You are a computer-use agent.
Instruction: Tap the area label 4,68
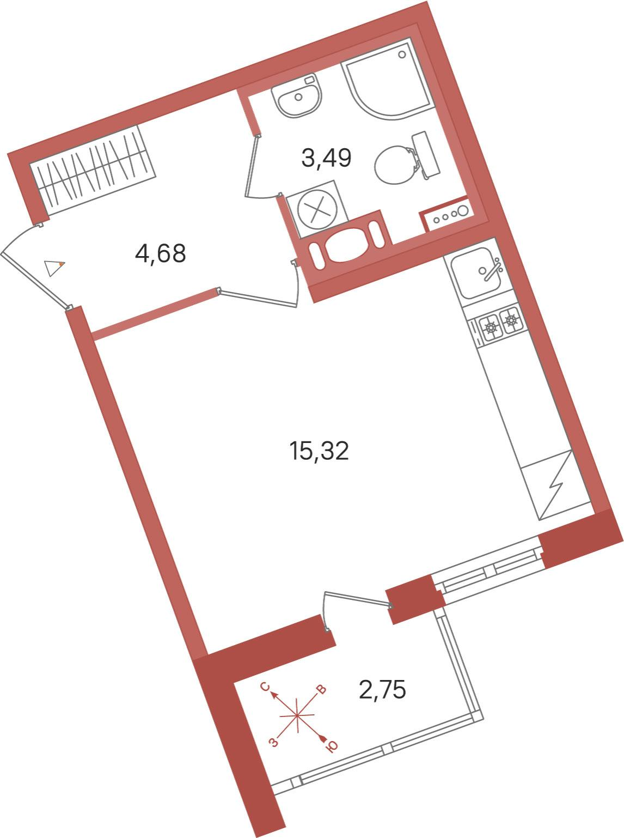point(160,253)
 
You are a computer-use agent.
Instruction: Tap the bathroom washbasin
point(298,96)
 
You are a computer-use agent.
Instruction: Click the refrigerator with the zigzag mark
point(555,485)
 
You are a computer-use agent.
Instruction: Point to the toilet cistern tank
point(426,155)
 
